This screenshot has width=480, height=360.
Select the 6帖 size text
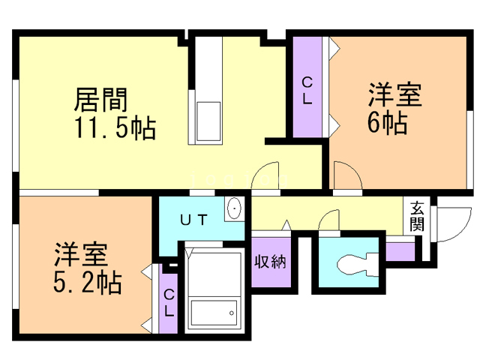coord(387,122)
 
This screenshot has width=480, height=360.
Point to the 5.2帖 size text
coord(87,283)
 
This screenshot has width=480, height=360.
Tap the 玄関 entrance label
coord(417,216)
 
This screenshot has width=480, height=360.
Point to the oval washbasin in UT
coord(234,208)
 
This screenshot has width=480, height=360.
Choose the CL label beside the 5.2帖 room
coord(169,302)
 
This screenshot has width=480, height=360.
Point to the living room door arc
coord(266,177)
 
